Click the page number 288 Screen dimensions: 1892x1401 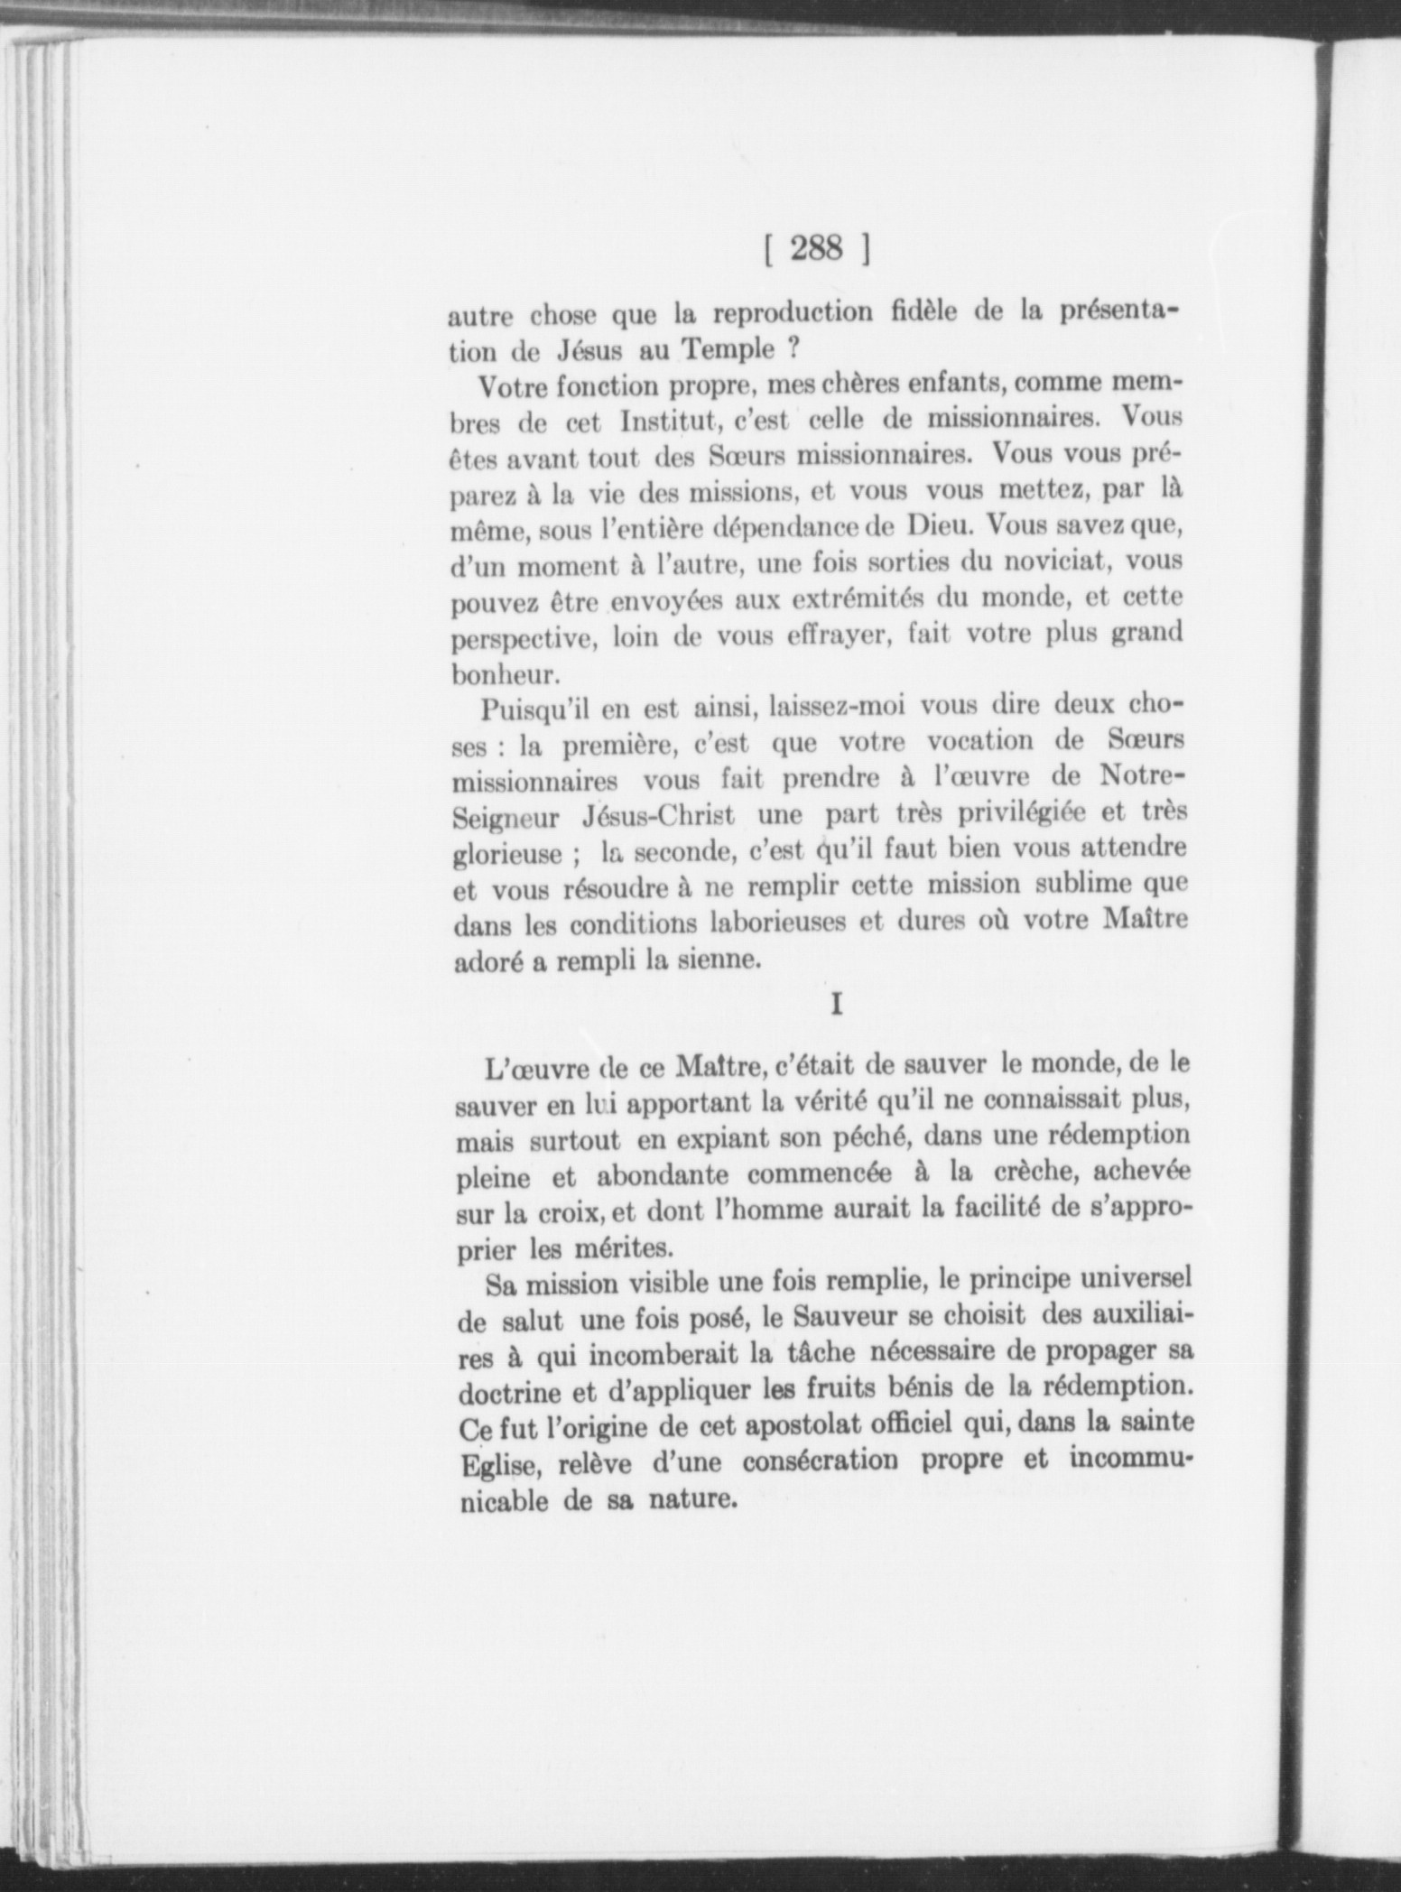coord(815,248)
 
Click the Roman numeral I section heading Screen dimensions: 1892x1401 coord(836,1006)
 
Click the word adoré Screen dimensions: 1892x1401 coord(486,962)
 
